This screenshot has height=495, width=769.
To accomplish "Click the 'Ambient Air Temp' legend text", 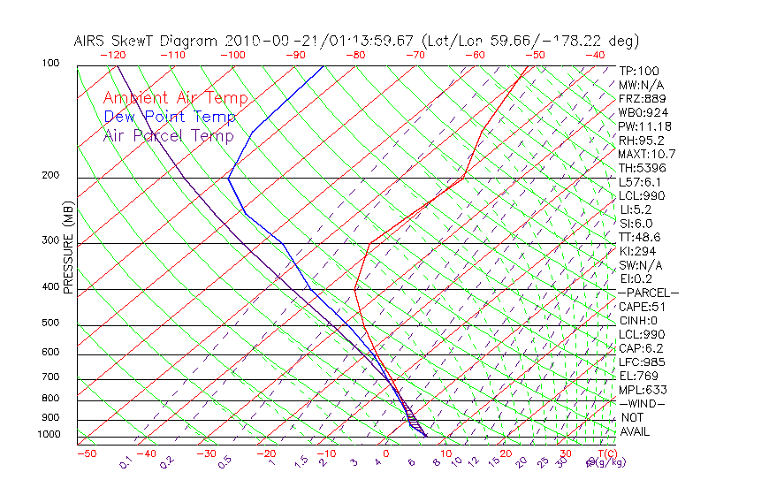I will [175, 98].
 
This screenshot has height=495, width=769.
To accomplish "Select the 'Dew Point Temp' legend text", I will [170, 117].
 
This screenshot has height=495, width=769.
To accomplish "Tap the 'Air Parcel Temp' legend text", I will [168, 135].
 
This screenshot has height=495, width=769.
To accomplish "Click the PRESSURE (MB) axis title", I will [68, 247].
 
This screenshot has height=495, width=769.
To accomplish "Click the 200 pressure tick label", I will [49, 176].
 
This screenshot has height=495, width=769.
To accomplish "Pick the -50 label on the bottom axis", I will [86, 453].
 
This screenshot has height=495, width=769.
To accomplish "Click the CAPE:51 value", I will [642, 307].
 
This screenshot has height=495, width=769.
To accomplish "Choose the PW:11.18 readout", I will [644, 126].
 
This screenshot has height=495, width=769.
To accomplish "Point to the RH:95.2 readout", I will [642, 141].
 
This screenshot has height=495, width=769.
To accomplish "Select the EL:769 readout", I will [639, 376].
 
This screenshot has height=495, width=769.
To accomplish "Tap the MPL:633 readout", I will [642, 390].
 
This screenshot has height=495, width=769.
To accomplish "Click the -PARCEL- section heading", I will [648, 293].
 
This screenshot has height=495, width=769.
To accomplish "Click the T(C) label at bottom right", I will [606, 453].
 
